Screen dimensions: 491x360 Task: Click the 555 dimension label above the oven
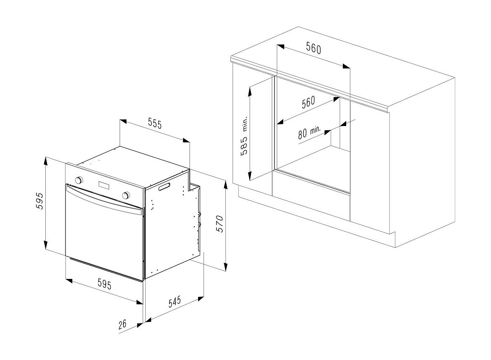tap(155, 124)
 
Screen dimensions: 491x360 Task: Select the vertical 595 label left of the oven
tap(40, 201)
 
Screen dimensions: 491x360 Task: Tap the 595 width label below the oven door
tap(104, 284)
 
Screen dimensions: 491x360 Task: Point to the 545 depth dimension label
tap(175, 302)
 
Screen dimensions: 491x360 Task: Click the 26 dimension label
tap(123, 323)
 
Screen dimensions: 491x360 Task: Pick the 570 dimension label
tap(220, 224)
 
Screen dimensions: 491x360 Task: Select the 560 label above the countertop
tap(313, 48)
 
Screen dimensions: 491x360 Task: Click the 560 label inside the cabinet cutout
tap(308, 102)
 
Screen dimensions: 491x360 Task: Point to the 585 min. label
tap(244, 136)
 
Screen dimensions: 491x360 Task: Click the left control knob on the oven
tap(79, 180)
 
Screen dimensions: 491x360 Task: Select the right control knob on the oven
tap(126, 195)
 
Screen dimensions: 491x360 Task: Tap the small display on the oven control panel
tap(104, 186)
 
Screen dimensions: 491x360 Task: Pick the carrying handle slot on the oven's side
tap(165, 187)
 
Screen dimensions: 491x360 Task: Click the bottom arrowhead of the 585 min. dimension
tap(250, 176)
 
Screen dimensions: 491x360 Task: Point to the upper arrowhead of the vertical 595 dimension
tap(46, 161)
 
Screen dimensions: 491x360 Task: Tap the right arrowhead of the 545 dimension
tap(201, 299)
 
